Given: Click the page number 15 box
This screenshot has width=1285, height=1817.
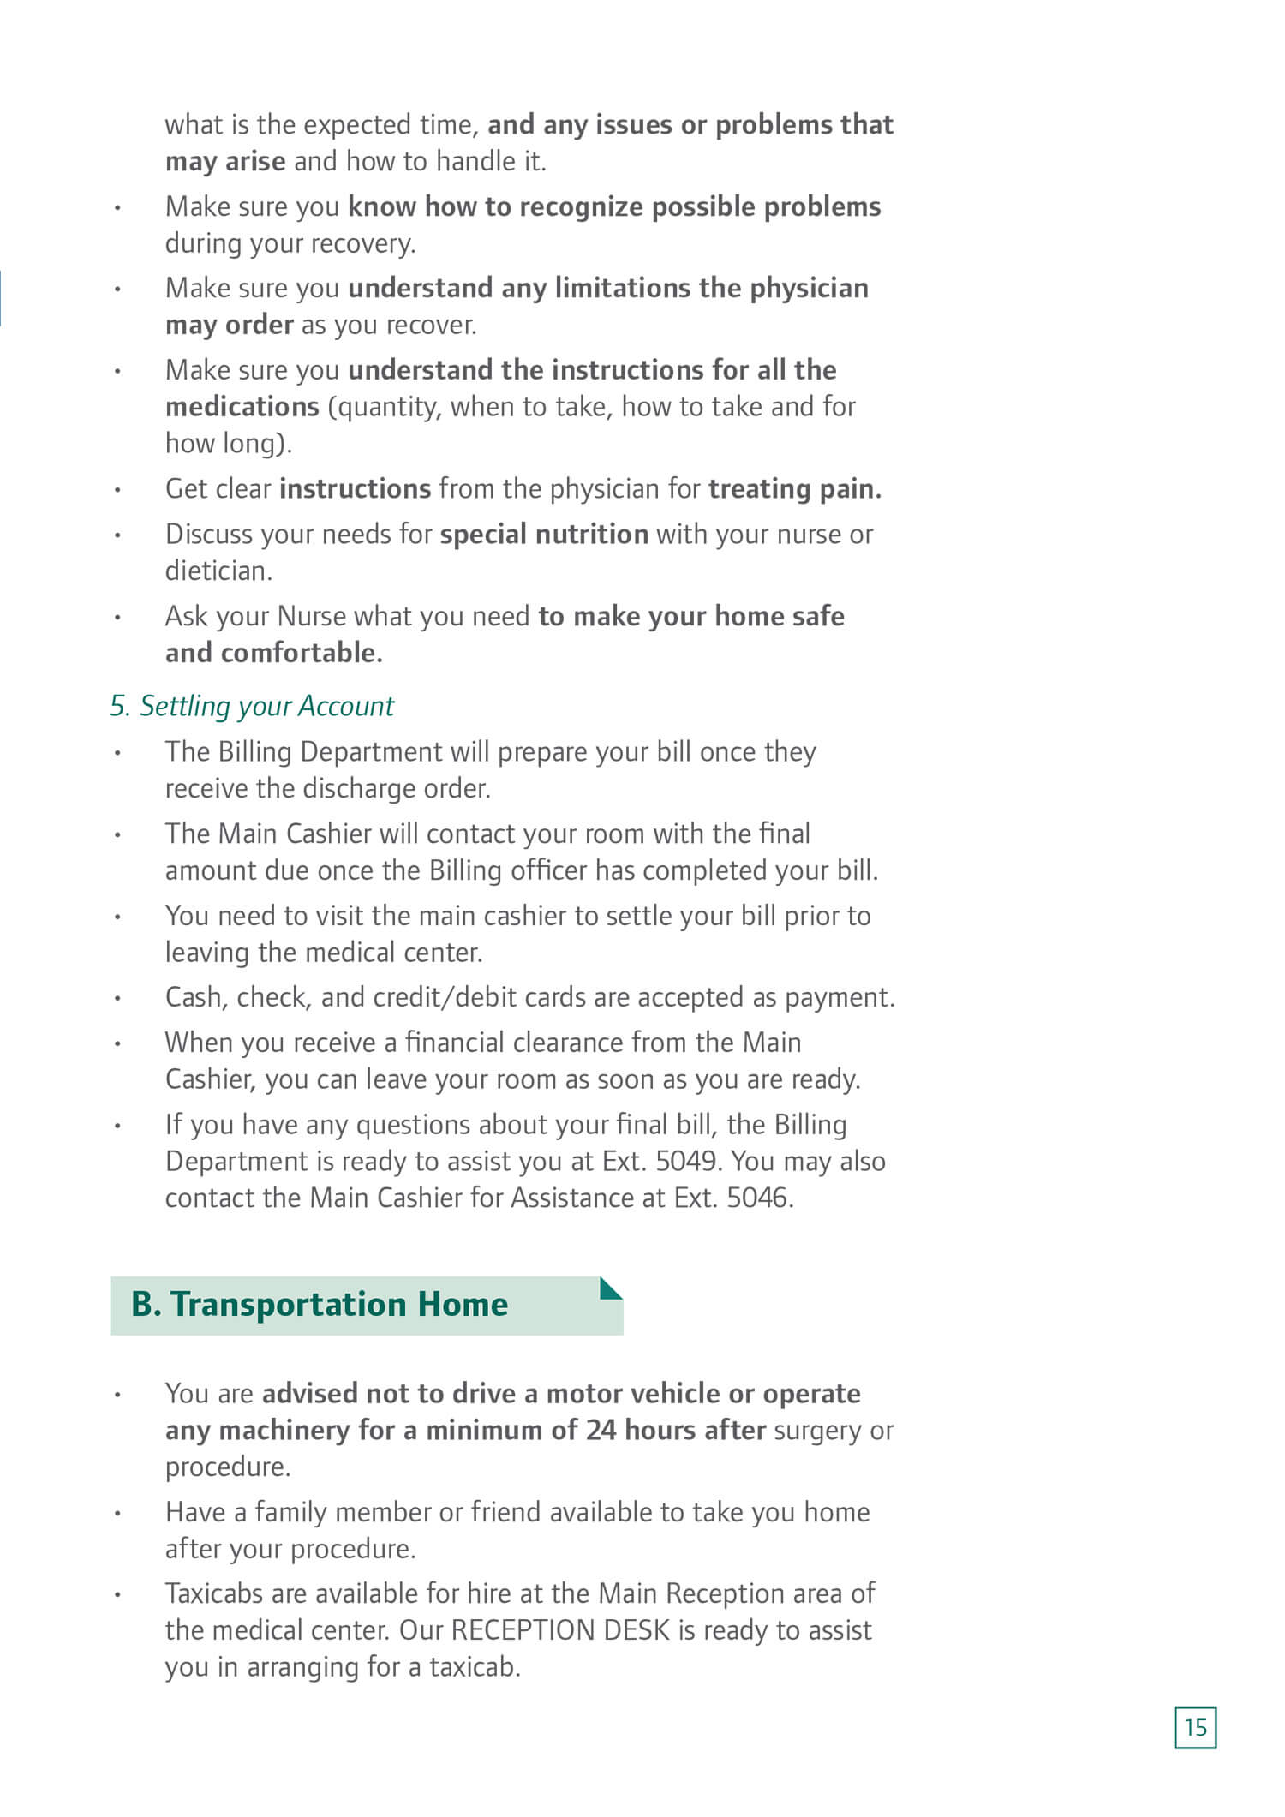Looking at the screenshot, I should (x=1195, y=1727).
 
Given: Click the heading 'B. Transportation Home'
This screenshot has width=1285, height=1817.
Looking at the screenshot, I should (x=320, y=1304).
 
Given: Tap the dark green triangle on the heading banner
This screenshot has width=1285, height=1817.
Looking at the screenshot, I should (x=609, y=1288).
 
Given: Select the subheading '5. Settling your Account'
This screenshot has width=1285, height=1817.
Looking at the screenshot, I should (x=252, y=706).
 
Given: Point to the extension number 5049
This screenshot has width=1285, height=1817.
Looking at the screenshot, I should (x=685, y=1162).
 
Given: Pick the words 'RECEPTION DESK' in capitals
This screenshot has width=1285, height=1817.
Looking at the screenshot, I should (x=560, y=1629).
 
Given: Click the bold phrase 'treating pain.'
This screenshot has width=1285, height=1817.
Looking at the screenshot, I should (x=794, y=488).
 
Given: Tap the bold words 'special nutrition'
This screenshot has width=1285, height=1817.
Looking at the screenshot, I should (x=544, y=534).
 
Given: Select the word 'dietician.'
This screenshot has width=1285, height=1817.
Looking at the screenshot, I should (x=218, y=571).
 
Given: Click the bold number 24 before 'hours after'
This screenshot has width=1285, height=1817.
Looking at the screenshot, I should (x=601, y=1430).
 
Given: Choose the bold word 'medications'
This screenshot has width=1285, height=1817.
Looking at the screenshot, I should (x=242, y=406).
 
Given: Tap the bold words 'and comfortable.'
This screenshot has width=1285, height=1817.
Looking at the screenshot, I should (x=274, y=653).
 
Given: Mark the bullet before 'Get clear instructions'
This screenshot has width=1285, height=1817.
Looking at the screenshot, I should (x=118, y=490).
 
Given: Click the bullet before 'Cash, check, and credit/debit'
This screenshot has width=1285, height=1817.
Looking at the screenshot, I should (x=118, y=999).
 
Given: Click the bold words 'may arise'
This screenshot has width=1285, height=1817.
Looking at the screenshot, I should (x=225, y=161).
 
